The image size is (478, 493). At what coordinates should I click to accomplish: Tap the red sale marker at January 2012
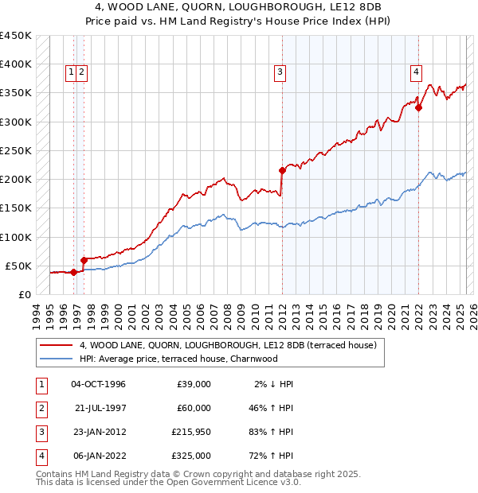point(282,170)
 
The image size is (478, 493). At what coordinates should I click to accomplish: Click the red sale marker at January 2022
point(418,108)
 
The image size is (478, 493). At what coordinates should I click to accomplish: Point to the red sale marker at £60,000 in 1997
point(84,260)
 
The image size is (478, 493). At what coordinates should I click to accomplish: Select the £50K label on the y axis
point(19,266)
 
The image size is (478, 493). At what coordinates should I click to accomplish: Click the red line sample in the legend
point(56,345)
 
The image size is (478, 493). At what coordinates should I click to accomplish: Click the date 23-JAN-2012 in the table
point(99,433)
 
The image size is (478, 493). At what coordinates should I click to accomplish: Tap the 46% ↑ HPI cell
point(269,408)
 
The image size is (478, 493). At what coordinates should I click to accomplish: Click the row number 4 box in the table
point(40,456)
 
